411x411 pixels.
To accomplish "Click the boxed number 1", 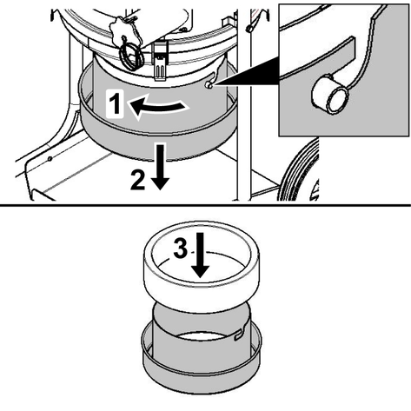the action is pyautogui.click(x=116, y=103).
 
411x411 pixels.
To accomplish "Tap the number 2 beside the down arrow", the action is pyautogui.click(x=137, y=180).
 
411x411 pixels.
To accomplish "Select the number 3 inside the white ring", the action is pyautogui.click(x=181, y=249).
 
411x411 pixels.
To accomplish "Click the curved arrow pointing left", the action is pyautogui.click(x=158, y=107).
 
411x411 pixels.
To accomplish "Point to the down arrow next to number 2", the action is pyautogui.click(x=160, y=167).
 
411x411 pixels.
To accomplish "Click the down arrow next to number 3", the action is pyautogui.click(x=201, y=255).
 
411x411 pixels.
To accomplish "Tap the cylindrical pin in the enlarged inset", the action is pyautogui.click(x=330, y=94).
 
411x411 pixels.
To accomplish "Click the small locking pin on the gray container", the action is pyautogui.click(x=209, y=85).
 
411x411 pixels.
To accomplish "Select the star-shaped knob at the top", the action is pyautogui.click(x=124, y=31).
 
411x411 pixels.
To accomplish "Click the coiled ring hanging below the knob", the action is pyautogui.click(x=132, y=56).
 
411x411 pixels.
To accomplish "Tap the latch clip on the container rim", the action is pyautogui.click(x=159, y=61).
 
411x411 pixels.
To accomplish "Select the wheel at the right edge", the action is pyautogui.click(x=298, y=171).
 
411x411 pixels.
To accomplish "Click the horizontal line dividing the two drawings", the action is pyautogui.click(x=205, y=205).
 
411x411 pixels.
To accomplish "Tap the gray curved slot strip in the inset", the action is pyautogui.click(x=319, y=56).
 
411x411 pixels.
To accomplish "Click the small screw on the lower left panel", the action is pyautogui.click(x=50, y=159).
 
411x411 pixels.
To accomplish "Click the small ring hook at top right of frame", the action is pyautogui.click(x=249, y=29).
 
